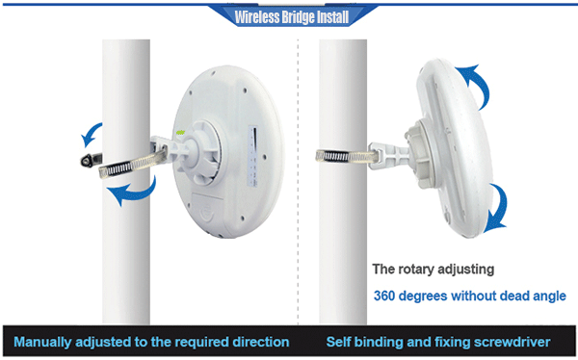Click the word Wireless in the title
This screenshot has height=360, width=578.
click(249, 16)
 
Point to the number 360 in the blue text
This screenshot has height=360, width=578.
click(387, 296)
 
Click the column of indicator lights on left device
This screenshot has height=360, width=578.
click(252, 154)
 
